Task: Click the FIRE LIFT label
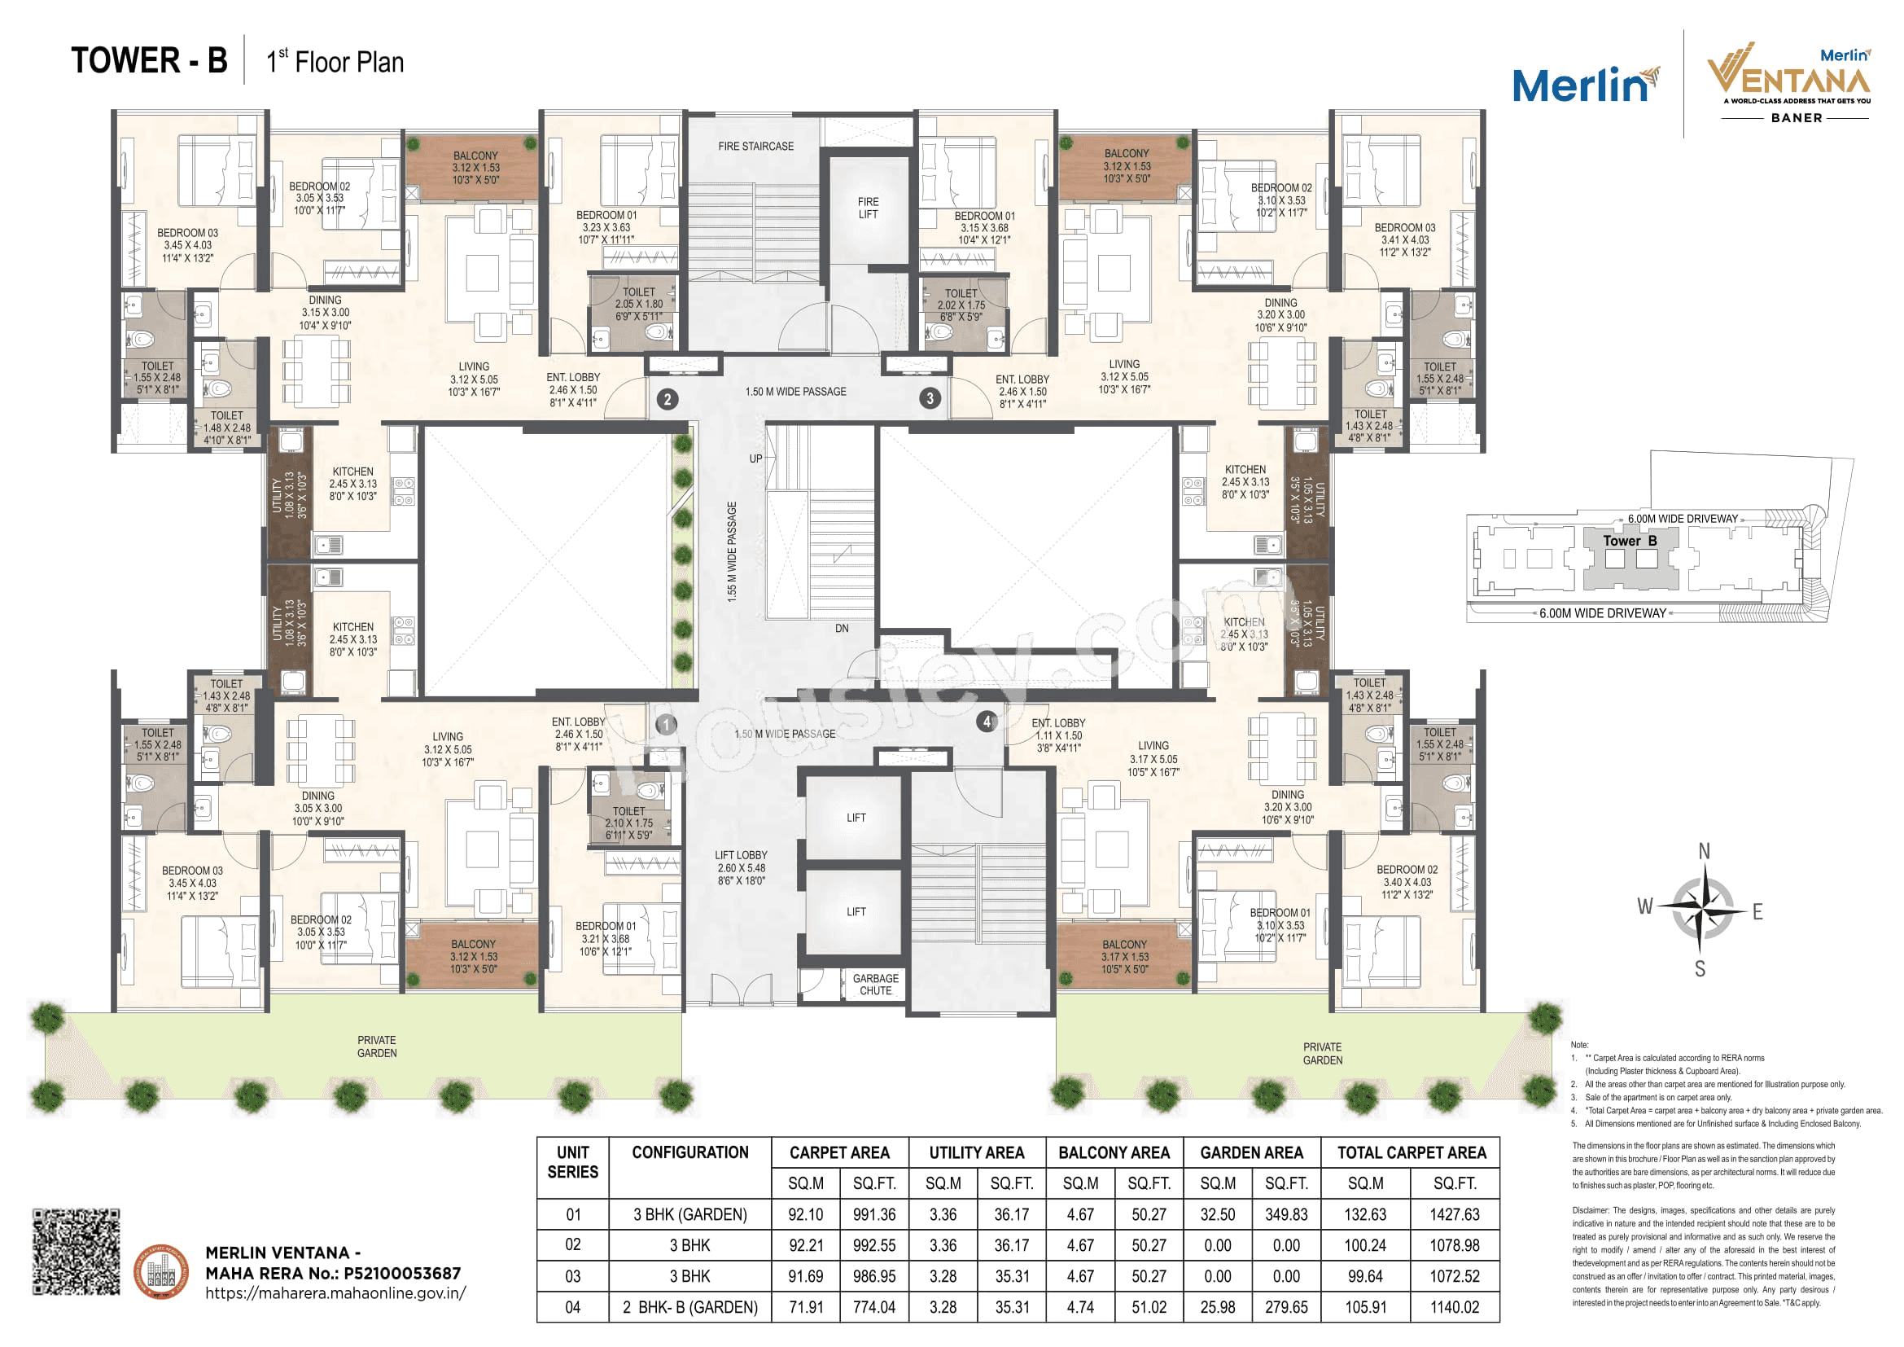click(x=868, y=208)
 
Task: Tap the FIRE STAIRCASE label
click(x=755, y=147)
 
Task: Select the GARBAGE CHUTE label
click(x=875, y=985)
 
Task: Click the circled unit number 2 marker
click(x=667, y=399)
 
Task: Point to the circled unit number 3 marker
click(x=930, y=398)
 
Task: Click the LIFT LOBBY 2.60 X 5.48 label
click(x=741, y=867)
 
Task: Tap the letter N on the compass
click(x=1703, y=851)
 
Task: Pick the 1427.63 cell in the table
click(x=1454, y=1214)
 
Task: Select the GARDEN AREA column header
click(x=1251, y=1152)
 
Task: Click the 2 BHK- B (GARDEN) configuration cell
click(x=690, y=1308)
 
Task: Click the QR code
click(x=77, y=1252)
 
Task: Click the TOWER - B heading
click(x=149, y=61)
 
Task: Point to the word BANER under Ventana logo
click(x=1797, y=119)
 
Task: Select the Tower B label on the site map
click(x=1630, y=541)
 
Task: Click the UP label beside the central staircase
click(x=755, y=459)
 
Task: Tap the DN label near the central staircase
click(x=842, y=629)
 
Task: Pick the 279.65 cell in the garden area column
click(x=1285, y=1308)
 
